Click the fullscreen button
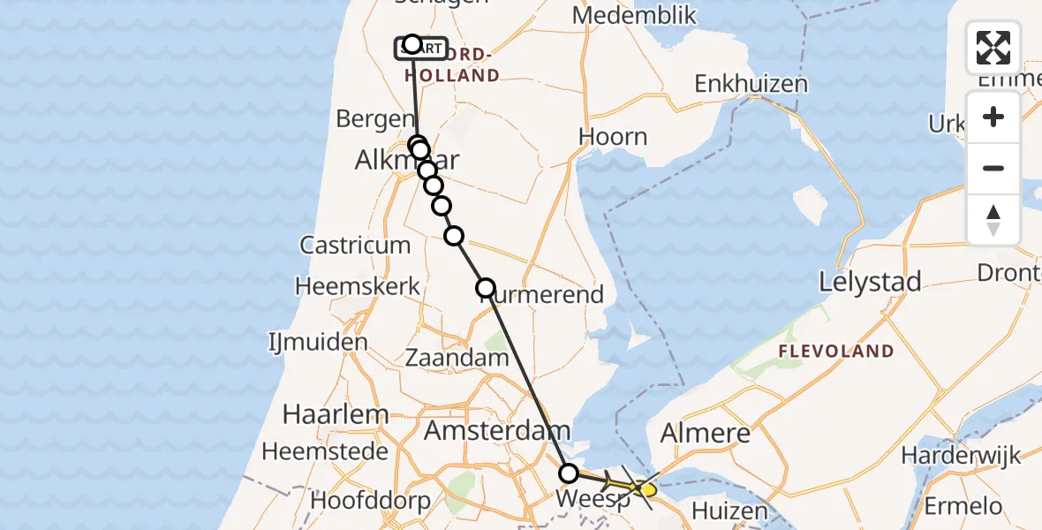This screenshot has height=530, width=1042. (993, 48)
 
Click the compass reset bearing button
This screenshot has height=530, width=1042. (993, 220)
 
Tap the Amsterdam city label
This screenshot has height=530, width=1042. (497, 431)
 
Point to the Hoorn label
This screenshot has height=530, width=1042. (613, 137)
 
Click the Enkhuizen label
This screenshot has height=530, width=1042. (751, 84)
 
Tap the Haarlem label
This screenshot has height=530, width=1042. (325, 413)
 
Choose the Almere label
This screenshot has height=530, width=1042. (706, 434)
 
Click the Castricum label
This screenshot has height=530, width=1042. (355, 245)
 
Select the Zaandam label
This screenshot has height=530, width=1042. (457, 358)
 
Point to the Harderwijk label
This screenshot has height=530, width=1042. (961, 456)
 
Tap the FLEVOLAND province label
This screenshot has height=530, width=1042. (835, 352)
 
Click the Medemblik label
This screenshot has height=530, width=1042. (634, 15)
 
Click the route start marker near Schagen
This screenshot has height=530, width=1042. (412, 44)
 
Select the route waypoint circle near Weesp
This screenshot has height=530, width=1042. (569, 473)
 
